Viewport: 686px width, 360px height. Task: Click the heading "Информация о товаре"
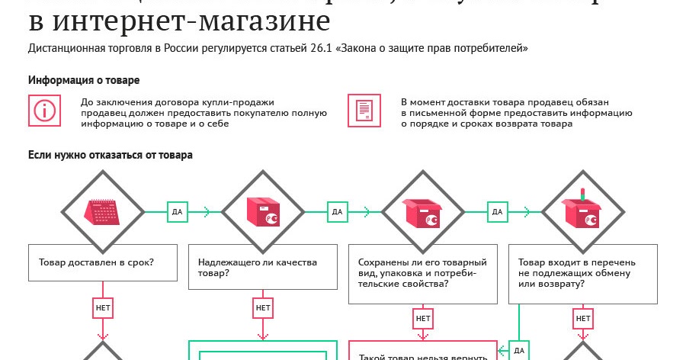tap(83, 80)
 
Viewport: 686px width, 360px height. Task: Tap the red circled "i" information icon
tap(44, 110)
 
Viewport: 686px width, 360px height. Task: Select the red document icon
tap(364, 110)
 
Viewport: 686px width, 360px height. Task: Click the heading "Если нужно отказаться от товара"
tap(110, 155)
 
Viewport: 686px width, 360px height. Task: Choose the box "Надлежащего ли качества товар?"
tap(263, 267)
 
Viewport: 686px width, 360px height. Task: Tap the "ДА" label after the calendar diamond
tap(178, 211)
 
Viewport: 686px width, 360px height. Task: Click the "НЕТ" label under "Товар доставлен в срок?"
tap(103, 308)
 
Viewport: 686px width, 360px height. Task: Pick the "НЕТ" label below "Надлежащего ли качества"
tap(263, 308)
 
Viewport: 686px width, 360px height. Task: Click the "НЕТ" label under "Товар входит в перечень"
tap(583, 317)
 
